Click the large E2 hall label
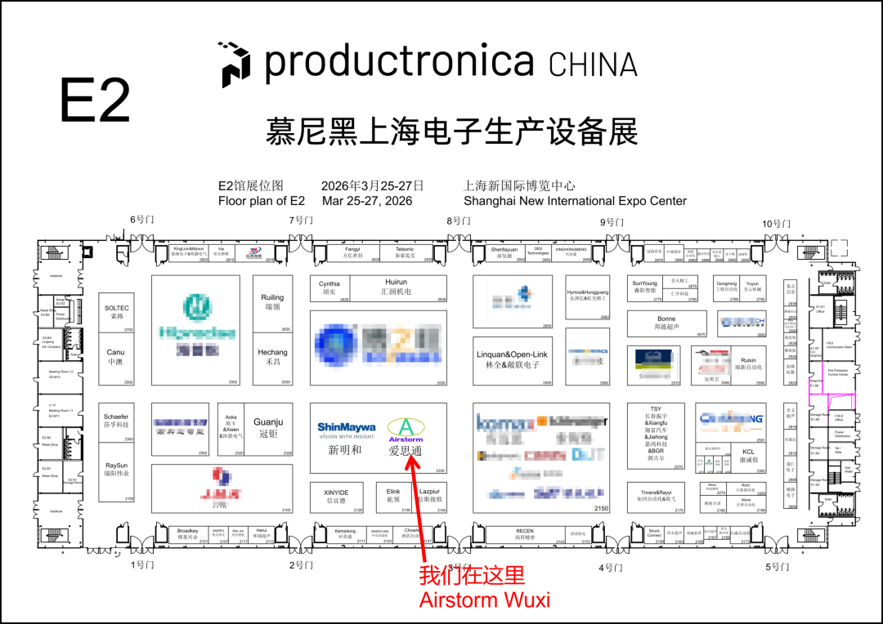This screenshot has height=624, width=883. click(95, 100)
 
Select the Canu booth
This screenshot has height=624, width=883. click(116, 357)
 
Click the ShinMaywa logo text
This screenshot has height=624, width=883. click(346, 427)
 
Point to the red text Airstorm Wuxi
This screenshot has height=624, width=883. click(484, 600)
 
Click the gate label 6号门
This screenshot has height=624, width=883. click(141, 221)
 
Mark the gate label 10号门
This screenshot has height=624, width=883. click(777, 224)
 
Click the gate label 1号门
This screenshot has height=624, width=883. click(142, 564)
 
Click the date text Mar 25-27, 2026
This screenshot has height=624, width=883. click(367, 201)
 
